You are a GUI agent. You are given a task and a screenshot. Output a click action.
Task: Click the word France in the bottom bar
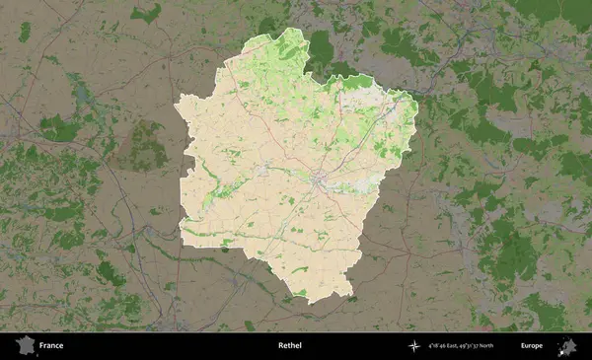tap(51, 346)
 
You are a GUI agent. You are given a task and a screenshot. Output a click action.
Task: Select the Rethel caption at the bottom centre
tap(290, 346)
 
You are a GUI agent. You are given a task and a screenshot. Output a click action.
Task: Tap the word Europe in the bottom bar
tap(532, 346)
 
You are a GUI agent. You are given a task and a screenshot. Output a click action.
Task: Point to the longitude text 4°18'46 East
tap(446, 346)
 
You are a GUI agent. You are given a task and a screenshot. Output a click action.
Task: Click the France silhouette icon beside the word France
tap(23, 346)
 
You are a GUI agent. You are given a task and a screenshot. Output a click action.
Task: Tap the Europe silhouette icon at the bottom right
tap(567, 346)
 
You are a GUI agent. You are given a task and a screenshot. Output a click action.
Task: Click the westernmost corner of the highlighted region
tap(175, 103)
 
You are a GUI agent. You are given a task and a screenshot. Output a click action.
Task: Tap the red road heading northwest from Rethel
tap(286, 138)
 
